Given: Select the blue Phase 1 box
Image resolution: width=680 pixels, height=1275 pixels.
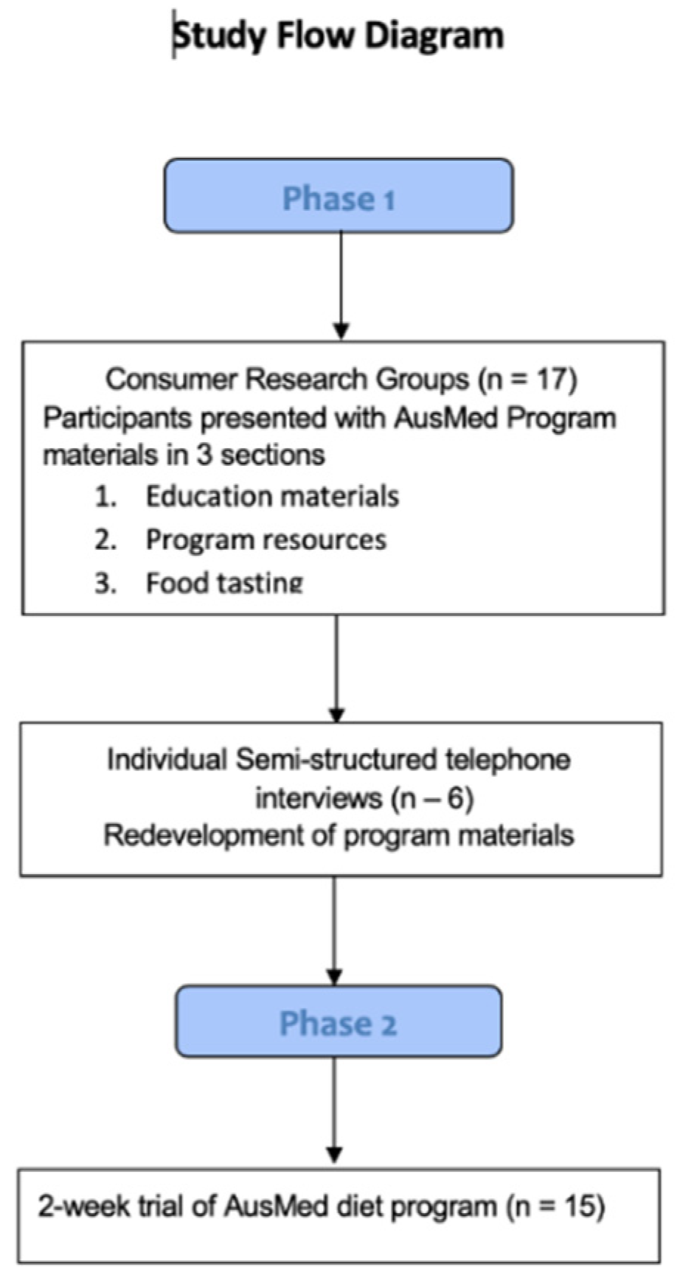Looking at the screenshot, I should [339, 196].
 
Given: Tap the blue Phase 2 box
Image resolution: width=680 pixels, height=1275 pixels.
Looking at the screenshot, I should [339, 1022].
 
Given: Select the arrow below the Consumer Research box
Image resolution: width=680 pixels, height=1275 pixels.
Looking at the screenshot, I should [336, 668].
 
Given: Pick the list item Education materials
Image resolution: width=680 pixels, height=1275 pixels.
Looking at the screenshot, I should [272, 497].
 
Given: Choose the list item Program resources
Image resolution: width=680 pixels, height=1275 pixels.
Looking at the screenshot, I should [266, 540].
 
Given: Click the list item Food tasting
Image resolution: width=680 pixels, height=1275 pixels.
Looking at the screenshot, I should [224, 583].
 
